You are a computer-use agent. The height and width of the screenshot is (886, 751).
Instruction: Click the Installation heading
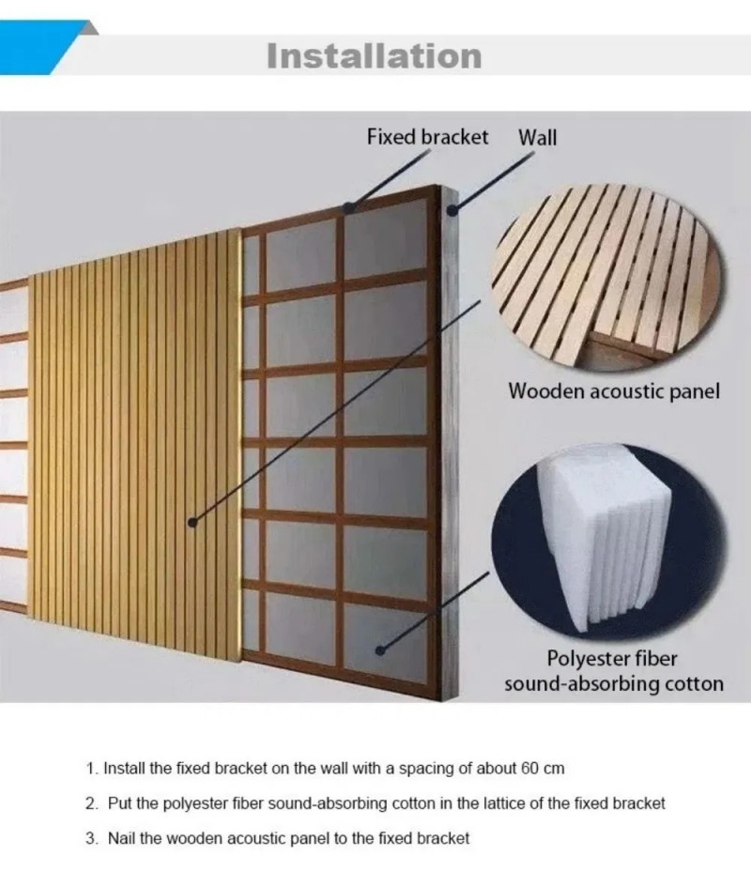point(374,56)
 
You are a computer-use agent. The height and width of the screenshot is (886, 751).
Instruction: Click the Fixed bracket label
point(427,137)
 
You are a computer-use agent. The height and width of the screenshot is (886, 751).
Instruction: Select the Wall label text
point(537,137)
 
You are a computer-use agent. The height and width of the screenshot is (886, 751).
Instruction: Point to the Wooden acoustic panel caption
point(614,391)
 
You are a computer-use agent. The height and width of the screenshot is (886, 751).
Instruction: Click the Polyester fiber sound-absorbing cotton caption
point(613,671)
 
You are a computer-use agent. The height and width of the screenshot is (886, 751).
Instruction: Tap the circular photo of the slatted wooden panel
point(607,278)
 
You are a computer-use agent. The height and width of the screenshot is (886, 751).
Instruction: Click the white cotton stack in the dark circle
point(603,537)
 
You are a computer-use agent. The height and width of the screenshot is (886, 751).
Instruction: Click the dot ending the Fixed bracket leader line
point(350,207)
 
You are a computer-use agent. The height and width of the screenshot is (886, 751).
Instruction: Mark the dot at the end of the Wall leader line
point(452,211)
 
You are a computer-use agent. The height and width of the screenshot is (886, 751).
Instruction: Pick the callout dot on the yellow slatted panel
point(192,522)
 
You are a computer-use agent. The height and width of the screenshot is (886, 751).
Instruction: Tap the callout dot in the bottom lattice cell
point(381,649)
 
